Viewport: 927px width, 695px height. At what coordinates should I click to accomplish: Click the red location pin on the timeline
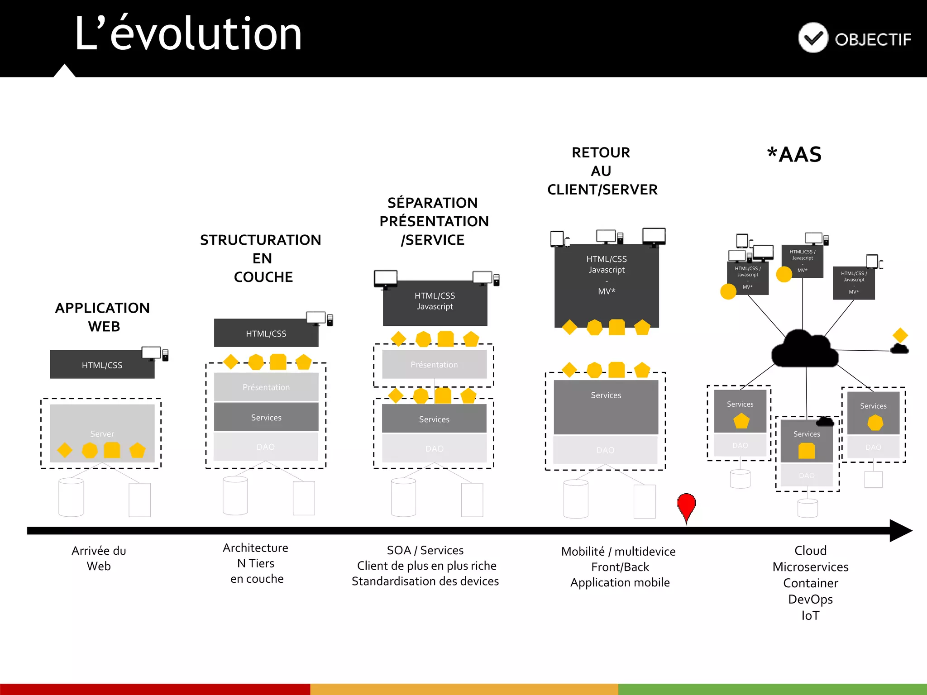coord(686,505)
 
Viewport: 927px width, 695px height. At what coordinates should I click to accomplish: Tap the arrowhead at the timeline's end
coord(901,530)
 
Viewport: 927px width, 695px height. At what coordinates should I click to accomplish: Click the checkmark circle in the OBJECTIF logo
coord(813,38)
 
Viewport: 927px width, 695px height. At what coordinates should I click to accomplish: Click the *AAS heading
coord(794,155)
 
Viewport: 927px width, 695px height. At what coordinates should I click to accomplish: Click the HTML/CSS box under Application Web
coord(102,365)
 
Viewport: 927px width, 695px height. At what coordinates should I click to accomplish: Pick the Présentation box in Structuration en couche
coord(266,387)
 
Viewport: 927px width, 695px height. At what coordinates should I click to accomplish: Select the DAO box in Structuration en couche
coord(266,447)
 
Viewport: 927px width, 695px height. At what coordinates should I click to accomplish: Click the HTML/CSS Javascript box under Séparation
coord(435,302)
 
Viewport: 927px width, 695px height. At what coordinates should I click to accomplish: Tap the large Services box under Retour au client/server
coord(606,406)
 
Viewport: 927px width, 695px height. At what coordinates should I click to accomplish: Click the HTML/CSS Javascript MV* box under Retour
coord(607,281)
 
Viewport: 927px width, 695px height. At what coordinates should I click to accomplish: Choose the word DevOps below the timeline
coord(810,599)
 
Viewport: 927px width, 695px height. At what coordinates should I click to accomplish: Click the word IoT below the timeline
coord(810,615)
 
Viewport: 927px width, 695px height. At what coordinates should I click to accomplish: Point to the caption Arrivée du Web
coord(99,558)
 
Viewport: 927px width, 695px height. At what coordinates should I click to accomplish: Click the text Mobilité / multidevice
coord(618,552)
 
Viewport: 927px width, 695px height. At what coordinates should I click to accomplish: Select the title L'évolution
coord(188,34)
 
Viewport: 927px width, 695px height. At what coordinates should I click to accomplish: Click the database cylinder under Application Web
coord(71,497)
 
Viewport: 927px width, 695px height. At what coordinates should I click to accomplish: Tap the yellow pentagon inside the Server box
coord(137,450)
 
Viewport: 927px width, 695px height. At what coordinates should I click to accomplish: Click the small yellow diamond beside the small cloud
coord(900,335)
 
